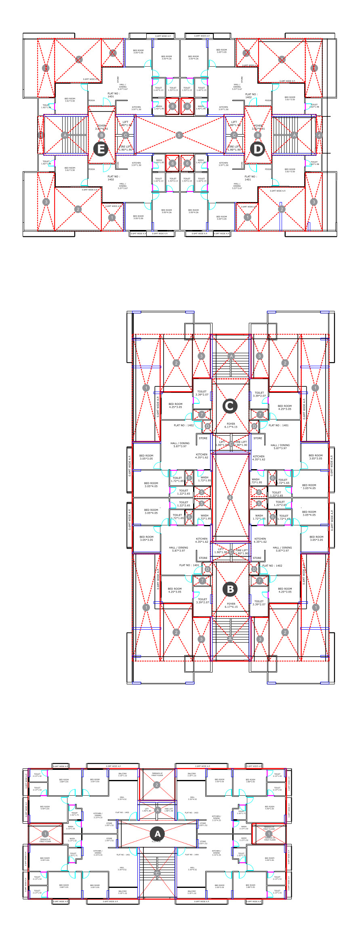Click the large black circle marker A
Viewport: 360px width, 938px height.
pos(158,834)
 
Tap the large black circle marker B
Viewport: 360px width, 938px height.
pos(230,589)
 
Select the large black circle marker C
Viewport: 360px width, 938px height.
pos(230,406)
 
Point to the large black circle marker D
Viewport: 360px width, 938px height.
pos(257,149)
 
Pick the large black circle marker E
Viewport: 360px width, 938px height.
pos(101,149)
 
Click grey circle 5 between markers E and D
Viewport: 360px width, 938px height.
pos(179,135)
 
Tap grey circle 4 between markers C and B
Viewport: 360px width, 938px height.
pos(230,497)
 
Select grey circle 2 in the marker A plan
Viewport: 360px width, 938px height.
pos(157,785)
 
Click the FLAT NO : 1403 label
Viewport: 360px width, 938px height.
pos(192,813)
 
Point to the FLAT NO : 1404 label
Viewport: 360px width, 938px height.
pos(192,855)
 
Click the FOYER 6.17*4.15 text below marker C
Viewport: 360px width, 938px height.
pos(231,425)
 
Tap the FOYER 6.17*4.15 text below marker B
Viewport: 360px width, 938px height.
pos(231,605)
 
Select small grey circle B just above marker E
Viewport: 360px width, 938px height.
pos(101,135)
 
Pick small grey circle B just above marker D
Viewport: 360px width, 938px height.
pos(258,135)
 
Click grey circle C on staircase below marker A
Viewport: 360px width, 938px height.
pos(158,873)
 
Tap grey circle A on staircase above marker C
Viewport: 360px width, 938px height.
pos(231,356)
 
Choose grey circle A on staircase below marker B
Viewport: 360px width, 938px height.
pos(230,639)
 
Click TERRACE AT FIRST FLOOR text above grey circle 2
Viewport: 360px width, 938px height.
pos(157,774)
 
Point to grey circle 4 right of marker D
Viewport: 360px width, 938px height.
pos(319,135)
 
